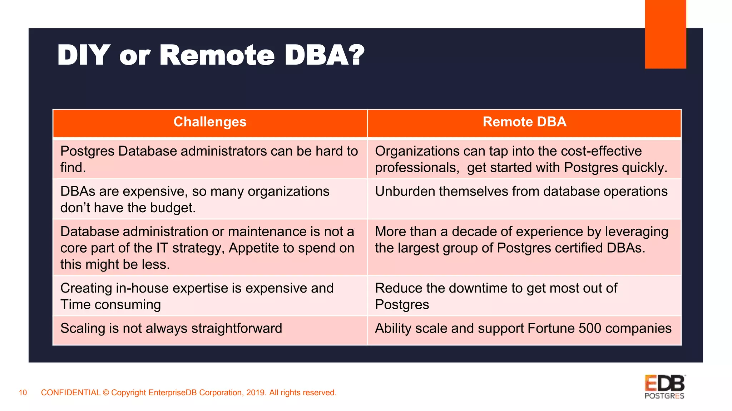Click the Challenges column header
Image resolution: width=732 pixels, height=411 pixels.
(x=210, y=122)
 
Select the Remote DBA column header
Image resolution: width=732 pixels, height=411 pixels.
(x=524, y=122)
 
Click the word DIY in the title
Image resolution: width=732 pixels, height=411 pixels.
(x=83, y=55)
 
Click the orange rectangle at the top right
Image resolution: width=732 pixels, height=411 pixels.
(x=665, y=34)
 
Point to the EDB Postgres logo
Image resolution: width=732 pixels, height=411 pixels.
(x=664, y=387)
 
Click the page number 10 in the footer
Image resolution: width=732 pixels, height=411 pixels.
(x=23, y=393)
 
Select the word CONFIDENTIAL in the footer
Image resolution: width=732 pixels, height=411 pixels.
(x=71, y=393)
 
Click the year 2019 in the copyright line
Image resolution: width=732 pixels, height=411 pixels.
(x=256, y=393)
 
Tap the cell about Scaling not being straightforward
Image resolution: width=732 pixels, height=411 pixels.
(x=171, y=329)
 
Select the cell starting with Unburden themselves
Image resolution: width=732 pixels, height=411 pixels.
(x=521, y=192)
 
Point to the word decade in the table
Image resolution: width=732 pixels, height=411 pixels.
(x=474, y=232)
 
